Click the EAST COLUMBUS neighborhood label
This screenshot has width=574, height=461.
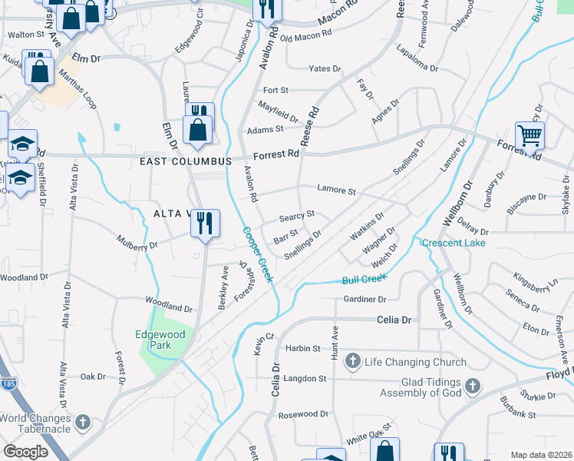click(x=186, y=161)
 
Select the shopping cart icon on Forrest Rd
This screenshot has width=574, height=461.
click(x=529, y=137)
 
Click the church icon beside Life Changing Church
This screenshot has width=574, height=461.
click(x=353, y=361)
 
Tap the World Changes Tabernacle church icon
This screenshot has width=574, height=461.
click(x=83, y=423)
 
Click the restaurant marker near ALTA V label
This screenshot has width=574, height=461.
click(x=205, y=224)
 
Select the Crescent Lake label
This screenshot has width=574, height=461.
click(x=454, y=243)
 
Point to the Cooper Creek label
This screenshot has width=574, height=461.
click(x=258, y=254)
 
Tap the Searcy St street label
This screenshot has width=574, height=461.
click(x=297, y=214)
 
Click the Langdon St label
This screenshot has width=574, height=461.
click(x=305, y=379)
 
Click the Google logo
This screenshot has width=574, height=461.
click(x=25, y=452)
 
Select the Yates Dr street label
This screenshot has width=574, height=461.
click(x=324, y=68)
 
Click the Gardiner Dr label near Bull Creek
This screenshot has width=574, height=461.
click(x=365, y=299)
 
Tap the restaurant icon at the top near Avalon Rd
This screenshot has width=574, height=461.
click(x=268, y=9)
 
